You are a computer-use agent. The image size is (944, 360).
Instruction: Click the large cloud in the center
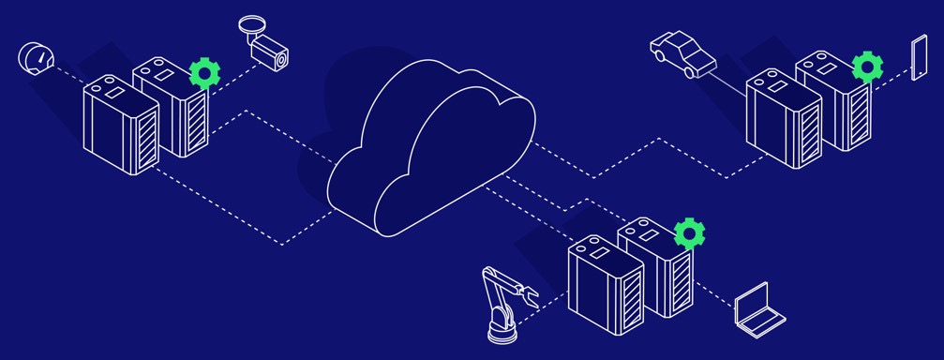tap(431, 150)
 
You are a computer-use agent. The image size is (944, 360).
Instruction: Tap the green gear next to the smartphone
tap(867, 67)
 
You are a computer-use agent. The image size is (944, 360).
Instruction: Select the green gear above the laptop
tap(690, 231)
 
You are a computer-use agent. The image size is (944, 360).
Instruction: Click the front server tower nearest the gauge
tap(120, 126)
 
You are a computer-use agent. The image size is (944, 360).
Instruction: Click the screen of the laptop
tap(753, 301)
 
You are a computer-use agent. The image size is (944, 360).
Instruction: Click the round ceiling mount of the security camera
tap(251, 23)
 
